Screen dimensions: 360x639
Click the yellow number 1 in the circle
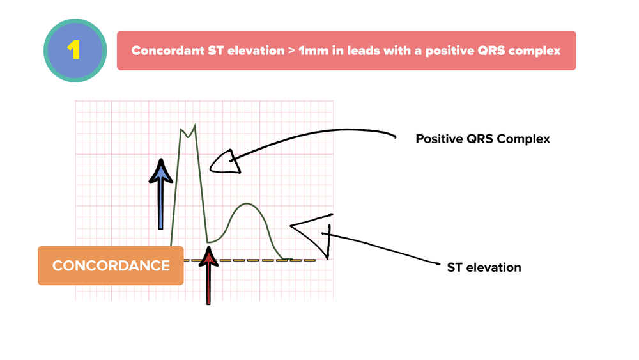75,50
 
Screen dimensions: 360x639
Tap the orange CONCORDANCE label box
111,265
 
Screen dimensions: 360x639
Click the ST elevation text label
484,267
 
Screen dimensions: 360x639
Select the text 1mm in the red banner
312,51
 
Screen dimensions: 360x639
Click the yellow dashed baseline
256,260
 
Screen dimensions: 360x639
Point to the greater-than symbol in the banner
290,51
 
